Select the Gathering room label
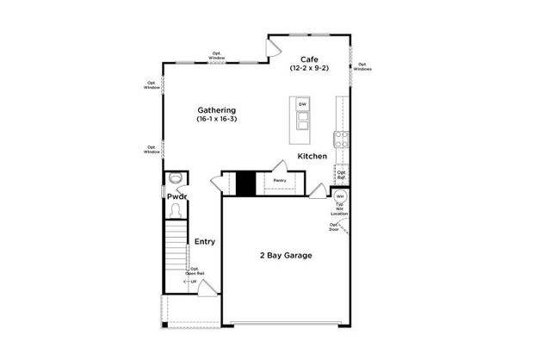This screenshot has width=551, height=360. point(217,110)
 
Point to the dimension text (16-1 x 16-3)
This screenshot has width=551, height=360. point(217,120)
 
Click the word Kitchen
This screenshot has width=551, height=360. point(312,157)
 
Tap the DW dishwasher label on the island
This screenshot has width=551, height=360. point(302,105)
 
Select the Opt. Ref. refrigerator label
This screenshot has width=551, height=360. point(342,175)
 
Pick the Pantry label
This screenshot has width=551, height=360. point(280,181)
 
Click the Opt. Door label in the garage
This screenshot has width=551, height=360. point(333,227)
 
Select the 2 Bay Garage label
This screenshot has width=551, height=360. point(286,256)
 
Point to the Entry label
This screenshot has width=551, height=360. point(204,241)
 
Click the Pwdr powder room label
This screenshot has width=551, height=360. point(177,196)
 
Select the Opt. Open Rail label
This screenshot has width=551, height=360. point(195,271)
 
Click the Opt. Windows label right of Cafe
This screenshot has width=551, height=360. point(364,66)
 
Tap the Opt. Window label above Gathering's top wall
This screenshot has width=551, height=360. point(217,56)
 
